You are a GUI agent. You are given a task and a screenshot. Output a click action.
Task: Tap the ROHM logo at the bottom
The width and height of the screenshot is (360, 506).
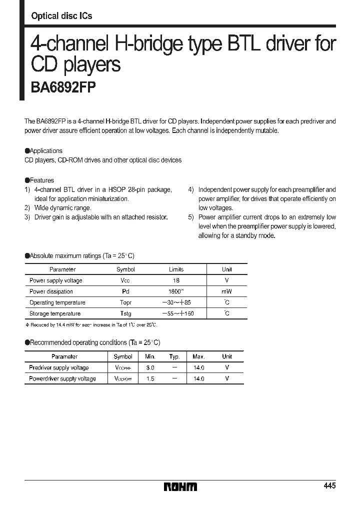pyautogui.click(x=181, y=486)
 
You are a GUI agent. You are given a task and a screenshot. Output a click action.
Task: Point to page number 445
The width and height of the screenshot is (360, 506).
pyautogui.click(x=329, y=486)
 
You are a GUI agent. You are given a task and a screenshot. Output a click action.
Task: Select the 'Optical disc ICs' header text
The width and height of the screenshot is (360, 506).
pyautogui.click(x=61, y=16)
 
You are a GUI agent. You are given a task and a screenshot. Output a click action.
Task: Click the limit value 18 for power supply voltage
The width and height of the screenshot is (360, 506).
pyautogui.click(x=176, y=280)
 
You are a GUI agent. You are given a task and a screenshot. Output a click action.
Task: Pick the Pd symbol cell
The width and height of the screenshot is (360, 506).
pyautogui.click(x=125, y=291)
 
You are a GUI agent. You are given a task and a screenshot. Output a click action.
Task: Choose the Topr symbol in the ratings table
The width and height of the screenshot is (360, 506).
pyautogui.click(x=125, y=302)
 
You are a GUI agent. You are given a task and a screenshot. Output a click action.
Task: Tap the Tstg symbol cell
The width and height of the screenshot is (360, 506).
pyautogui.click(x=125, y=313)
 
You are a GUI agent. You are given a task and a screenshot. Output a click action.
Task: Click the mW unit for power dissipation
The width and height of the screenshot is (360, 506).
pyautogui.click(x=227, y=291)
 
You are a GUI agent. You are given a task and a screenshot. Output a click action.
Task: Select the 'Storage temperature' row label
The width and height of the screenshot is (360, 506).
pyautogui.click(x=55, y=313)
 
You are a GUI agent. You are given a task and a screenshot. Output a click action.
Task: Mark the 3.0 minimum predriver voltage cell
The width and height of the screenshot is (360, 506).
pyautogui.click(x=150, y=367)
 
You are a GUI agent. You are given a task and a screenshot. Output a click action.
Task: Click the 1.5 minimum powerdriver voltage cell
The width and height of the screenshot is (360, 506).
pyautogui.click(x=150, y=378)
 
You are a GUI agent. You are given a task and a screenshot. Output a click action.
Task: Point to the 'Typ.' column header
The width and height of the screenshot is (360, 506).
pyautogui.click(x=174, y=356)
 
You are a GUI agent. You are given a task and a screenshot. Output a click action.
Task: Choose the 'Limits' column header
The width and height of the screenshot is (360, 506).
pyautogui.click(x=176, y=269)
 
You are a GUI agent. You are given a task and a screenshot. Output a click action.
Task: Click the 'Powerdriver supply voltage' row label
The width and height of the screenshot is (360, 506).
pyautogui.click(x=62, y=378)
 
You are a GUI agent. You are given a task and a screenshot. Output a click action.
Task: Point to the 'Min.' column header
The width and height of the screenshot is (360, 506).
pyautogui.click(x=150, y=356)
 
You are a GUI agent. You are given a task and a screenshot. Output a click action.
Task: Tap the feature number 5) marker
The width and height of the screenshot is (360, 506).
pyautogui.click(x=191, y=217)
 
